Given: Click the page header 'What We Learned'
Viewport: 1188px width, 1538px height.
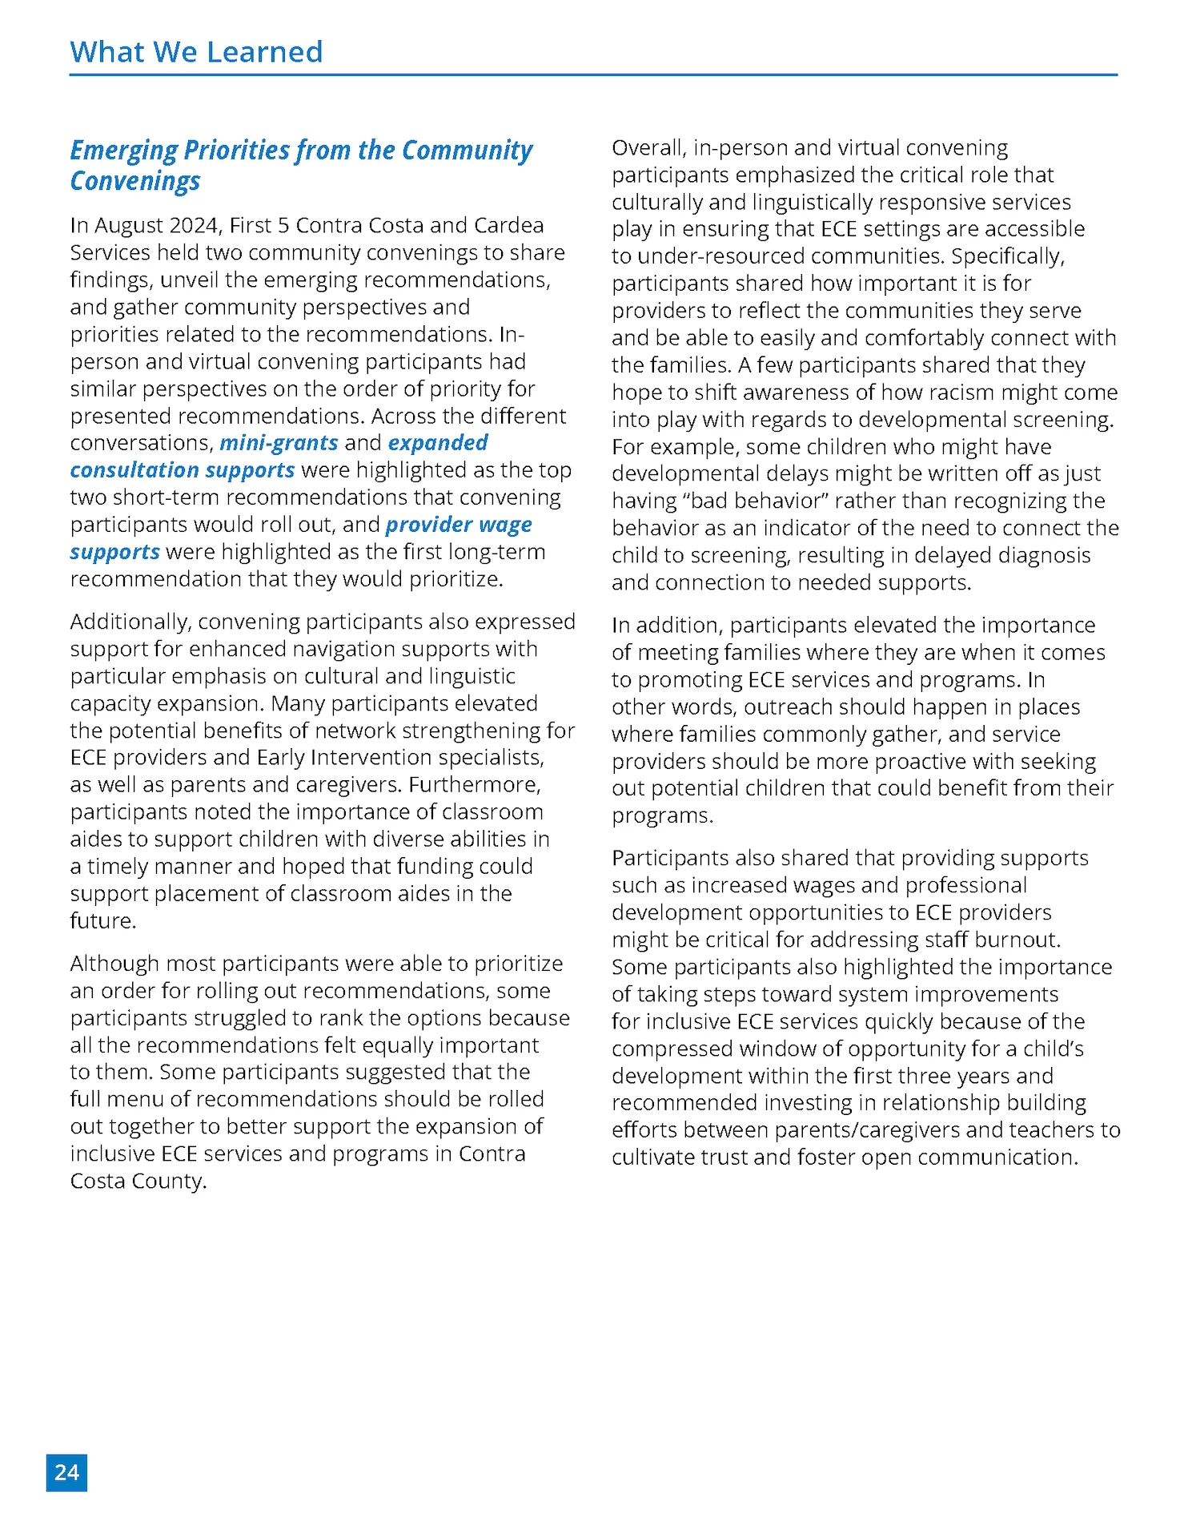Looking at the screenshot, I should [x=196, y=52].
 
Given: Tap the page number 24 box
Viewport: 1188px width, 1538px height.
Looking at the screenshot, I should [x=66, y=1472].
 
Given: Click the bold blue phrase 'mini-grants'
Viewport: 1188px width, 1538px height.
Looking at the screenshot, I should [x=279, y=442].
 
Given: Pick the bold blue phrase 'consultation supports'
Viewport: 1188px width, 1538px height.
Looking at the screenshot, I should [x=183, y=469].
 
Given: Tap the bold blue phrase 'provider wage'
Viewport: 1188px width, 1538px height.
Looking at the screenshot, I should [x=459, y=524].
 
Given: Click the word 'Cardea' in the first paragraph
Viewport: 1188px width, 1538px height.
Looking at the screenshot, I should [x=508, y=225].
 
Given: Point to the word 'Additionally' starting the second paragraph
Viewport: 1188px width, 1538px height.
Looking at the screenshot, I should [x=130, y=622].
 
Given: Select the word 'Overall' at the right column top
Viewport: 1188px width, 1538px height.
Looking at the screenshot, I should [x=648, y=147].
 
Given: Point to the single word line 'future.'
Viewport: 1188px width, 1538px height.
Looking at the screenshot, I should [x=103, y=920].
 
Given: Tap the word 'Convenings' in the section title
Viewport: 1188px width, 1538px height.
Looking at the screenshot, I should [x=134, y=181].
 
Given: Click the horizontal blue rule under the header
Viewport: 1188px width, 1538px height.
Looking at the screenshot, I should [x=592, y=75].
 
